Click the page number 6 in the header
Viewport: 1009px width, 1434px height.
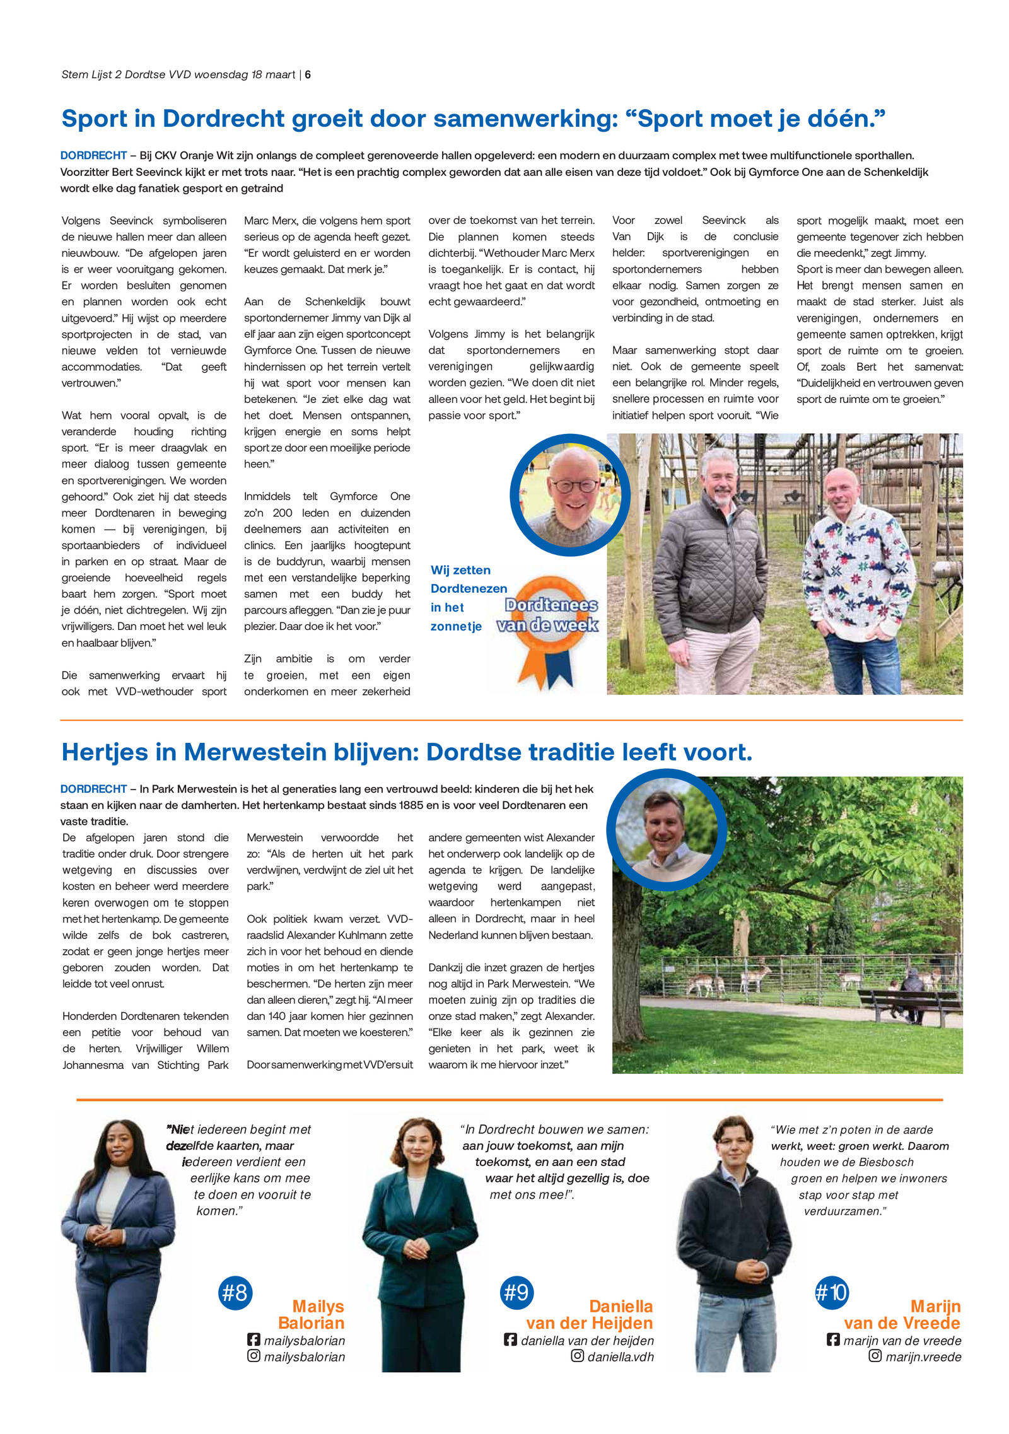308,74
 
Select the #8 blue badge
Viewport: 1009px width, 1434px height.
235,1293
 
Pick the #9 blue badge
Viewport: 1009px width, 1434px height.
516,1293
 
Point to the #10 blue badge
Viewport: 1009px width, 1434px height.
832,1293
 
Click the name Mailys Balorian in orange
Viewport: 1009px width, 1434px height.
312,1314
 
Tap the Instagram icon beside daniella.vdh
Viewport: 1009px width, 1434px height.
577,1355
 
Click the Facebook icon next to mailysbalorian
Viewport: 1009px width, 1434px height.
254,1339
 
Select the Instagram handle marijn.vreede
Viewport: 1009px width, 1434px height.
923,1356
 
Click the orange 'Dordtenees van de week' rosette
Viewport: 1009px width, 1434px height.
547,624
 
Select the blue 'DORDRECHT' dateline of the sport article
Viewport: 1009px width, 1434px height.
93,155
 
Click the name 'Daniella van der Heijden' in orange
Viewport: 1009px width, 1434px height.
590,1314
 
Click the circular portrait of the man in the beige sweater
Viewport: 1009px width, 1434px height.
666,830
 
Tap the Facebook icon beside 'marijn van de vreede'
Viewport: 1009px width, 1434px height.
833,1339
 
